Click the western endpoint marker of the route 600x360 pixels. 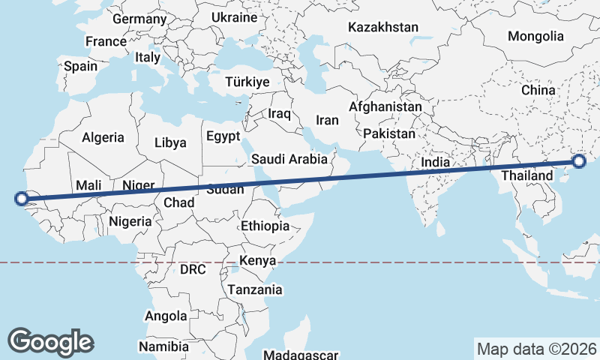click(x=22, y=199)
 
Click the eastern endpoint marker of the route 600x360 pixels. click(x=579, y=161)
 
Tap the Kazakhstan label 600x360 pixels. click(x=382, y=27)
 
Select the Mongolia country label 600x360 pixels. click(x=535, y=36)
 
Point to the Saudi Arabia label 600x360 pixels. click(x=289, y=159)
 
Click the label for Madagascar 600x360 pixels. click(x=302, y=355)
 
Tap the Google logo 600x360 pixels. click(x=50, y=341)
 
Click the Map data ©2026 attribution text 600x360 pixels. click(x=537, y=349)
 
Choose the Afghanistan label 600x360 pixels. click(x=385, y=107)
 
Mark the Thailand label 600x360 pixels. click(x=526, y=175)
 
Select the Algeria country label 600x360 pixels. click(x=102, y=138)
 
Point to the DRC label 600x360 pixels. click(x=193, y=268)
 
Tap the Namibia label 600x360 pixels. click(x=163, y=346)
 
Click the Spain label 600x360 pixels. click(x=81, y=66)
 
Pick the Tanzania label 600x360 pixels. click(x=256, y=289)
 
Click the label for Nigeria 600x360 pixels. click(x=130, y=221)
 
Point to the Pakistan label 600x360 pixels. click(x=389, y=134)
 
